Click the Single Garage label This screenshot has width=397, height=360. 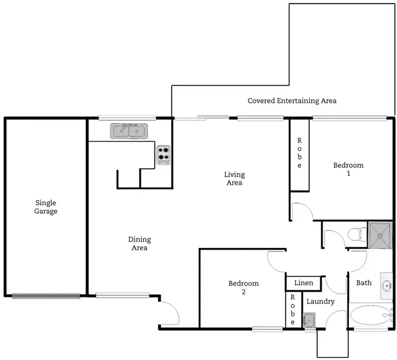pos(46,207)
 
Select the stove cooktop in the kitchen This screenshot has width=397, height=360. pos(164,155)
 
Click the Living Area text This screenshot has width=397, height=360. pos(234,179)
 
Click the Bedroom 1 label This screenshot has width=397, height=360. pos(348,169)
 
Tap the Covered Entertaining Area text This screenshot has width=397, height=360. pos(292,101)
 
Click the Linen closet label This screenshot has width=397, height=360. pos(303,283)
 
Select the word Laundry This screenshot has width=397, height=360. pos(320,302)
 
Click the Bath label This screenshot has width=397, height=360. pos(364,283)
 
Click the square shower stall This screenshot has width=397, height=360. pos(381,233)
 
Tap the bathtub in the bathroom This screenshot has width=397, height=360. pos(371,316)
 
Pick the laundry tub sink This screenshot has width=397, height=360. pos(310,319)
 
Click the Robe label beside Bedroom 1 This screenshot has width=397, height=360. pos(300,154)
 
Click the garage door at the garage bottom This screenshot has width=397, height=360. pos(46,296)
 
